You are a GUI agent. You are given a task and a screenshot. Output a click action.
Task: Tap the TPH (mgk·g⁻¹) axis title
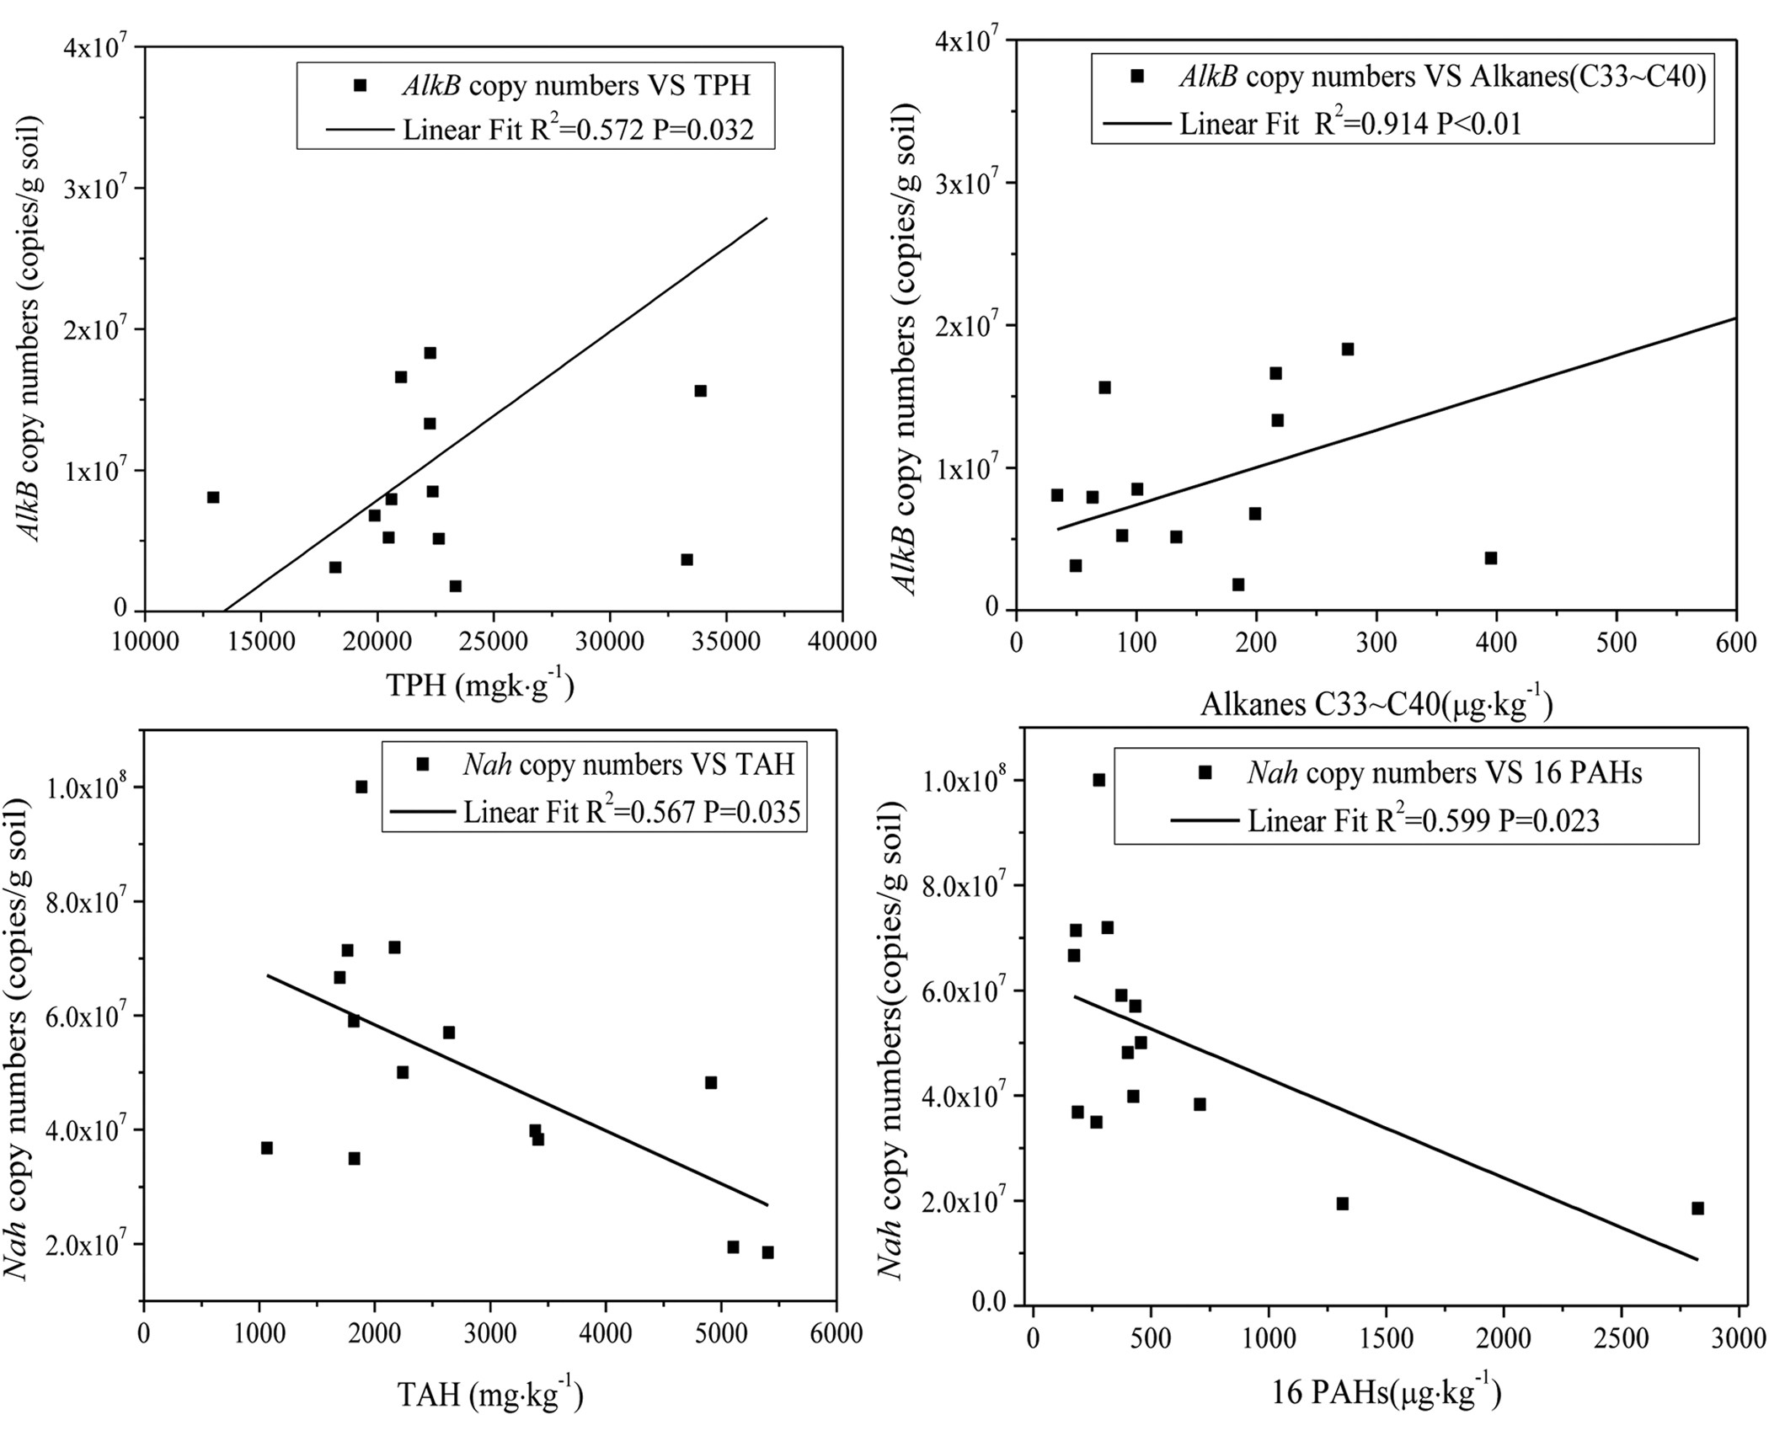[480, 686]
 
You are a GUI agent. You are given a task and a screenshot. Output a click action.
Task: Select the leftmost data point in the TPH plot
[213, 498]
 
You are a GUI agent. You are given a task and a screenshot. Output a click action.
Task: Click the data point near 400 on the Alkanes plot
[1491, 558]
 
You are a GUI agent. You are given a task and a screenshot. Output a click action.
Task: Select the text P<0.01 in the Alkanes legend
[1479, 124]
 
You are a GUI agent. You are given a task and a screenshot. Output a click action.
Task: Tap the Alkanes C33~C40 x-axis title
[1376, 704]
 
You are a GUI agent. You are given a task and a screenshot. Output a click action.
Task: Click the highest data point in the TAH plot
[361, 787]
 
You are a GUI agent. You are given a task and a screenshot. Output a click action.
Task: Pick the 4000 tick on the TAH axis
[605, 1333]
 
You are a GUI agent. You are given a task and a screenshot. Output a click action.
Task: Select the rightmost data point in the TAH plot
[767, 1252]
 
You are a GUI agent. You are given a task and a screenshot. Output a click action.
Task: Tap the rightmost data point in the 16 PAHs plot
[1697, 1209]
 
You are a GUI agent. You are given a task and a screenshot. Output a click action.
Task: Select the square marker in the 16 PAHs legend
[1205, 772]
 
